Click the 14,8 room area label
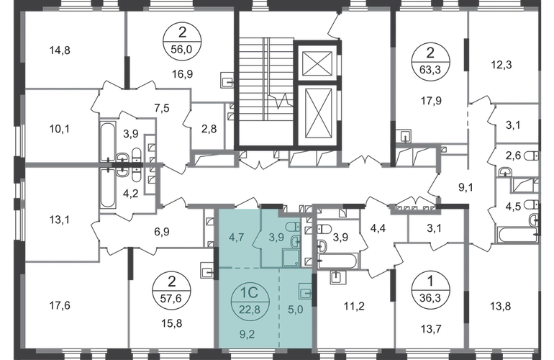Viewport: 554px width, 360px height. click(x=60, y=50)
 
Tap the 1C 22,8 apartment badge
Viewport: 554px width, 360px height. click(x=250, y=302)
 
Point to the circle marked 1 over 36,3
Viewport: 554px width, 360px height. click(x=430, y=291)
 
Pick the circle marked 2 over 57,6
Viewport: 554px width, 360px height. click(x=171, y=291)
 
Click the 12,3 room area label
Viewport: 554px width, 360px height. click(x=501, y=65)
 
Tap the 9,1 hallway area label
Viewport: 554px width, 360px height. click(x=466, y=188)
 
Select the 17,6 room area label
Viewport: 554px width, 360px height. click(x=60, y=305)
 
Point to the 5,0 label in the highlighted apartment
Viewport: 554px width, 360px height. click(x=296, y=310)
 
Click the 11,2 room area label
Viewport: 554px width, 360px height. click(x=354, y=306)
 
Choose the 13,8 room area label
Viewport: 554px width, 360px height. click(x=501, y=306)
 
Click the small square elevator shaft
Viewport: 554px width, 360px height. click(x=317, y=63)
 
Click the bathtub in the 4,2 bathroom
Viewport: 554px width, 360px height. click(x=107, y=189)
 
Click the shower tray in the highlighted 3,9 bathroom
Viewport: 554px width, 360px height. click(x=291, y=257)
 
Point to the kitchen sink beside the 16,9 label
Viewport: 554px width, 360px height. click(x=227, y=80)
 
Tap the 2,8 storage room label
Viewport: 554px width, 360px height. click(x=209, y=130)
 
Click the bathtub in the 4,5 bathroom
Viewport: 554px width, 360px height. click(x=517, y=235)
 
